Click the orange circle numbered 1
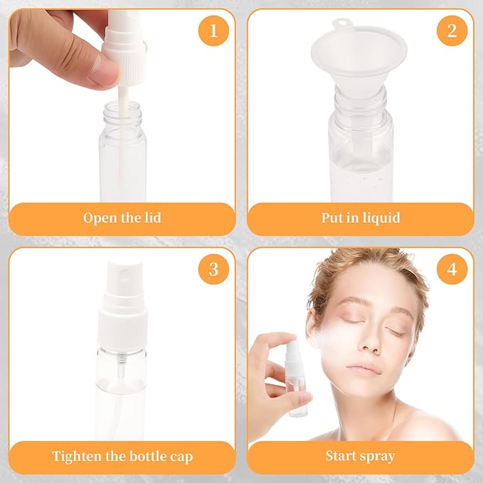[x=213, y=31]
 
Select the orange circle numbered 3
[x=213, y=270]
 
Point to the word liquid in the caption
[x=380, y=218]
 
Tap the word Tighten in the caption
[x=78, y=456]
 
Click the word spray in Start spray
[x=378, y=456]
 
